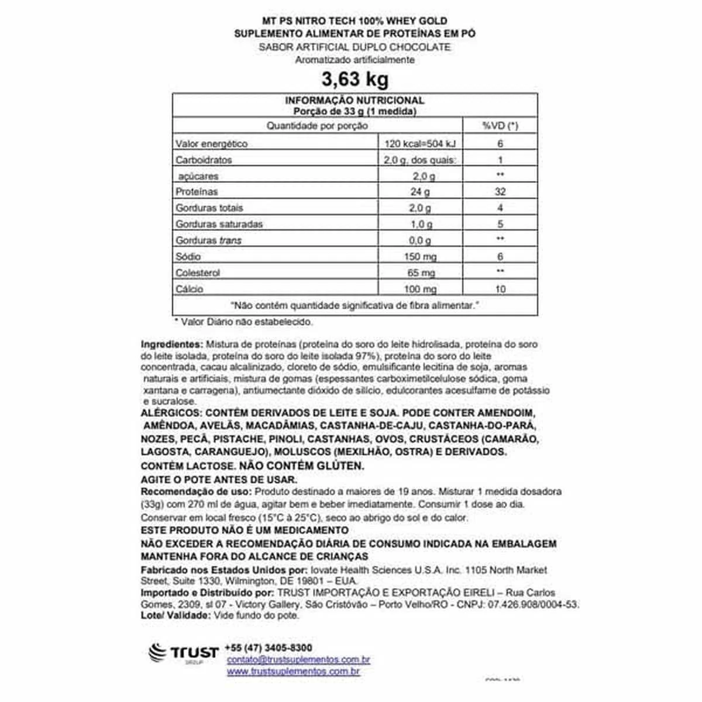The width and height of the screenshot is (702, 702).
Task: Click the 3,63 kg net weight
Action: (355, 79)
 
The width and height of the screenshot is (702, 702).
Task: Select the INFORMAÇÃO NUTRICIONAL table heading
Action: (355, 101)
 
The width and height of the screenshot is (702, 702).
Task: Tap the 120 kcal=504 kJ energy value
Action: (420, 144)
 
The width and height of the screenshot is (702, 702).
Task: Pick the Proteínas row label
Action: (197, 192)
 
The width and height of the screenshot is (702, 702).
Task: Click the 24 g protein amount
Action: (420, 192)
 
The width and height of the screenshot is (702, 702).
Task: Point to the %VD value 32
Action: (500, 192)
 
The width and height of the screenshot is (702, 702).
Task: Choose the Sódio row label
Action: (188, 256)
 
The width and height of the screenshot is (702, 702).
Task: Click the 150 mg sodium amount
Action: (420, 257)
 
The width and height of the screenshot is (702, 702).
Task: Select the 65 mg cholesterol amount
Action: (420, 273)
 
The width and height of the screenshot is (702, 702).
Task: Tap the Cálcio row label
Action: (190, 289)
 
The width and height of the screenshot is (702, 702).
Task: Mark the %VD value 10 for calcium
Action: (500, 289)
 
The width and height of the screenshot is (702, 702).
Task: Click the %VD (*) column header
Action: (500, 126)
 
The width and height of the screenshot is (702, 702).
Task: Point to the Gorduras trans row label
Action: (208, 240)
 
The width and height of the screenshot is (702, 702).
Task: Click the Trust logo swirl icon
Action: (158, 653)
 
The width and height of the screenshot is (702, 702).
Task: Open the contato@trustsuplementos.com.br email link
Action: (298, 660)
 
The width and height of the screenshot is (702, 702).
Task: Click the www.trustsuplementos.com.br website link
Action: (293, 672)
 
